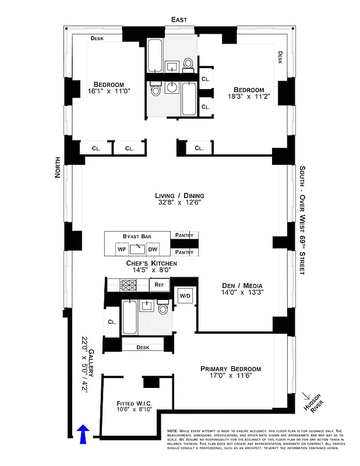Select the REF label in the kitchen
[158, 285]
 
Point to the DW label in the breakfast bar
[153, 249]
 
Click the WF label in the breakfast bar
[122, 249]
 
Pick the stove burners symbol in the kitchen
[128, 285]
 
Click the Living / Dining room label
[179, 196]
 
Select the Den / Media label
[242, 285]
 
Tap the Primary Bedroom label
[231, 369]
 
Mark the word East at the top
[179, 20]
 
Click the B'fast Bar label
[137, 236]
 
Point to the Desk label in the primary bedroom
[143, 347]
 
